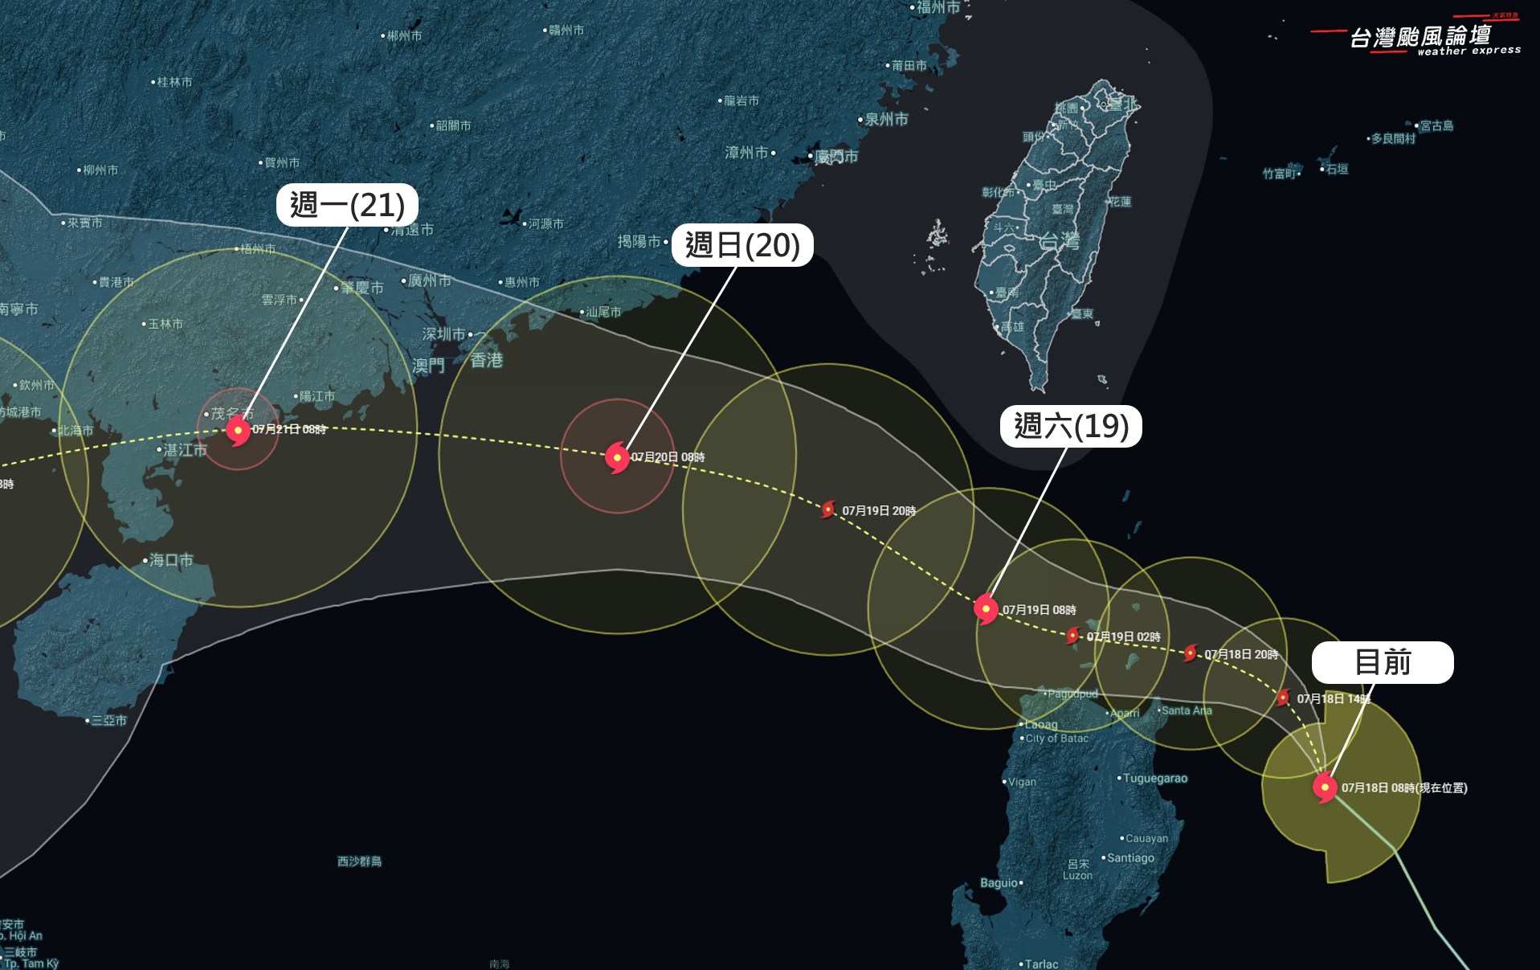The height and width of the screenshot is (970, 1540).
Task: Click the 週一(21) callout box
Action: coord(347,205)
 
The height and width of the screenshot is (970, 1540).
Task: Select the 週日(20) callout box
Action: coord(742,245)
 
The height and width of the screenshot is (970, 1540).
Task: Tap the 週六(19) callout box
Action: coord(1071,426)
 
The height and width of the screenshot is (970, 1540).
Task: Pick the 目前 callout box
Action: coord(1383,662)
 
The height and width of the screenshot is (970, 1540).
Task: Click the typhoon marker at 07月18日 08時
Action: coord(1325,787)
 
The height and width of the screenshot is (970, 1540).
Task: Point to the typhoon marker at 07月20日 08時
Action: coord(617,457)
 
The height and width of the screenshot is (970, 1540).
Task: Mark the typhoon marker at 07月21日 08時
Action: coord(238,430)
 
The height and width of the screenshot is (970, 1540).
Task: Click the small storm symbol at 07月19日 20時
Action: coord(828,510)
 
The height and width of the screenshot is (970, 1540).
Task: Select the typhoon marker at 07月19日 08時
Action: coord(986,609)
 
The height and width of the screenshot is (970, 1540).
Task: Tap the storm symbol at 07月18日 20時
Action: coord(1191,653)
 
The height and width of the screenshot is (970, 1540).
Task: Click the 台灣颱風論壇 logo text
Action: coord(1420,37)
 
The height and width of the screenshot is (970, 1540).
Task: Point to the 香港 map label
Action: coord(486,360)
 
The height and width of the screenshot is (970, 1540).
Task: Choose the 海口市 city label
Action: coord(171,560)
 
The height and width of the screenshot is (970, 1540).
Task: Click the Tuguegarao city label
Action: coord(1154,778)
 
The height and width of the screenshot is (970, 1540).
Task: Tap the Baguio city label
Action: coord(999,882)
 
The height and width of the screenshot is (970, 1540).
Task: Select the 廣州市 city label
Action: coord(429,280)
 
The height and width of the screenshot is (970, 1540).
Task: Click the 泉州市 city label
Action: coord(886,119)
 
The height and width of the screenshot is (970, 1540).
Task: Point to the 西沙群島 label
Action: coord(359,862)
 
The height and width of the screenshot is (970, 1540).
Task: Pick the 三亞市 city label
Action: coord(109,720)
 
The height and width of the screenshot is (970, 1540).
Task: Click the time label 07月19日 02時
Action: coord(1123,636)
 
